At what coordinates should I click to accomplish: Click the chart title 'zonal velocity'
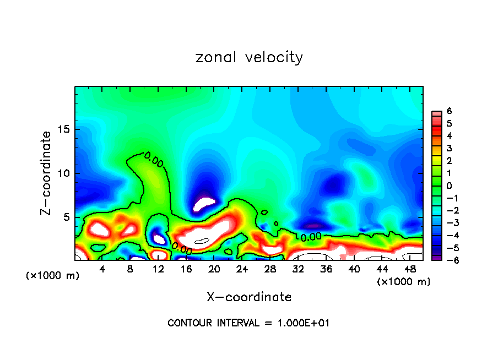pos(249,57)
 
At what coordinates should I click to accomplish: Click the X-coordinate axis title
pos(249,297)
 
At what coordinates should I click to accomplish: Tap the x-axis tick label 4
pos(102,269)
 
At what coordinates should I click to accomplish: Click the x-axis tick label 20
pos(214,269)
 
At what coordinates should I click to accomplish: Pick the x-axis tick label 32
pos(298,269)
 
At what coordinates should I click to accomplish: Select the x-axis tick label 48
pos(410,269)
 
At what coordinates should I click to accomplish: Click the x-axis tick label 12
pos(158,269)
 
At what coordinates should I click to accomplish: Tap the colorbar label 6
pos(450,111)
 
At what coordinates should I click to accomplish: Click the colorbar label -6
pos(448,260)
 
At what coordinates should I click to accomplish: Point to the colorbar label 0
pos(450,186)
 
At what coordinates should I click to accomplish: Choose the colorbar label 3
pos(450,149)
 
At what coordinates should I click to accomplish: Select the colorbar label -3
pos(448,223)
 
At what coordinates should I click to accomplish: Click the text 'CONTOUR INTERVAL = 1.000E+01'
pos(248,323)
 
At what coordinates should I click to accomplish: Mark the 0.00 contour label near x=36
pos(311,237)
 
